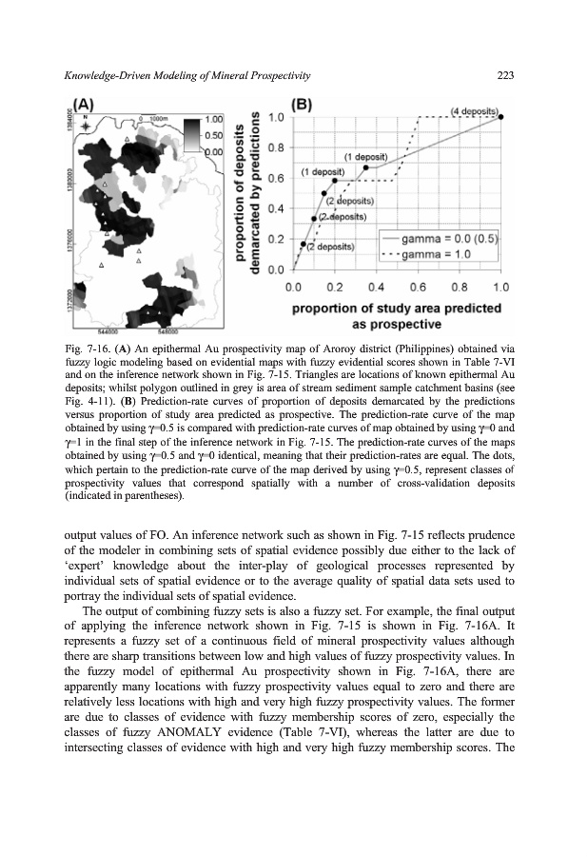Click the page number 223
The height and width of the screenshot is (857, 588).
coord(505,75)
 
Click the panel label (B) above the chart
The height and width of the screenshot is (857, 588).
coord(302,105)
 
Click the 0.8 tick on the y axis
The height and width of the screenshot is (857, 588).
coord(276,148)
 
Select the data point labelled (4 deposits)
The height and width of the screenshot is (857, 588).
coord(502,117)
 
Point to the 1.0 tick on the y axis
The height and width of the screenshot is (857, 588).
coord(276,117)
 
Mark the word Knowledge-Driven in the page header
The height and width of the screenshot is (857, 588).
coord(112,75)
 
